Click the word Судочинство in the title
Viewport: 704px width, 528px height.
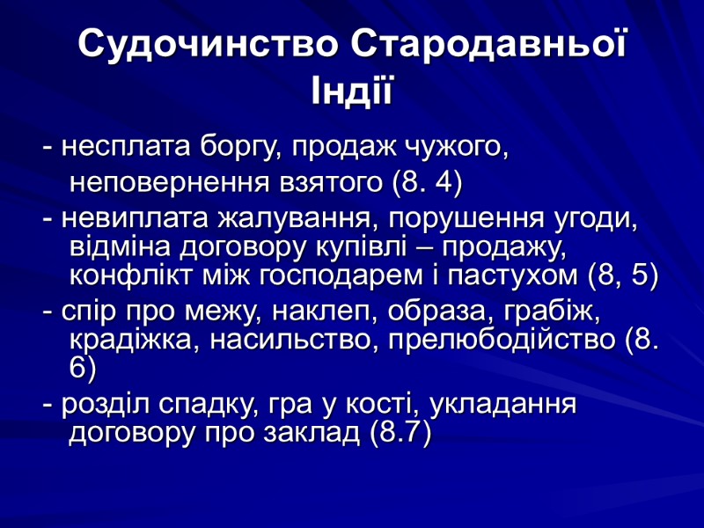click(204, 46)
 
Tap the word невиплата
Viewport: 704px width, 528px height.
click(122, 218)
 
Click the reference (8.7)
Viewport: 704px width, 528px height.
click(400, 433)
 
